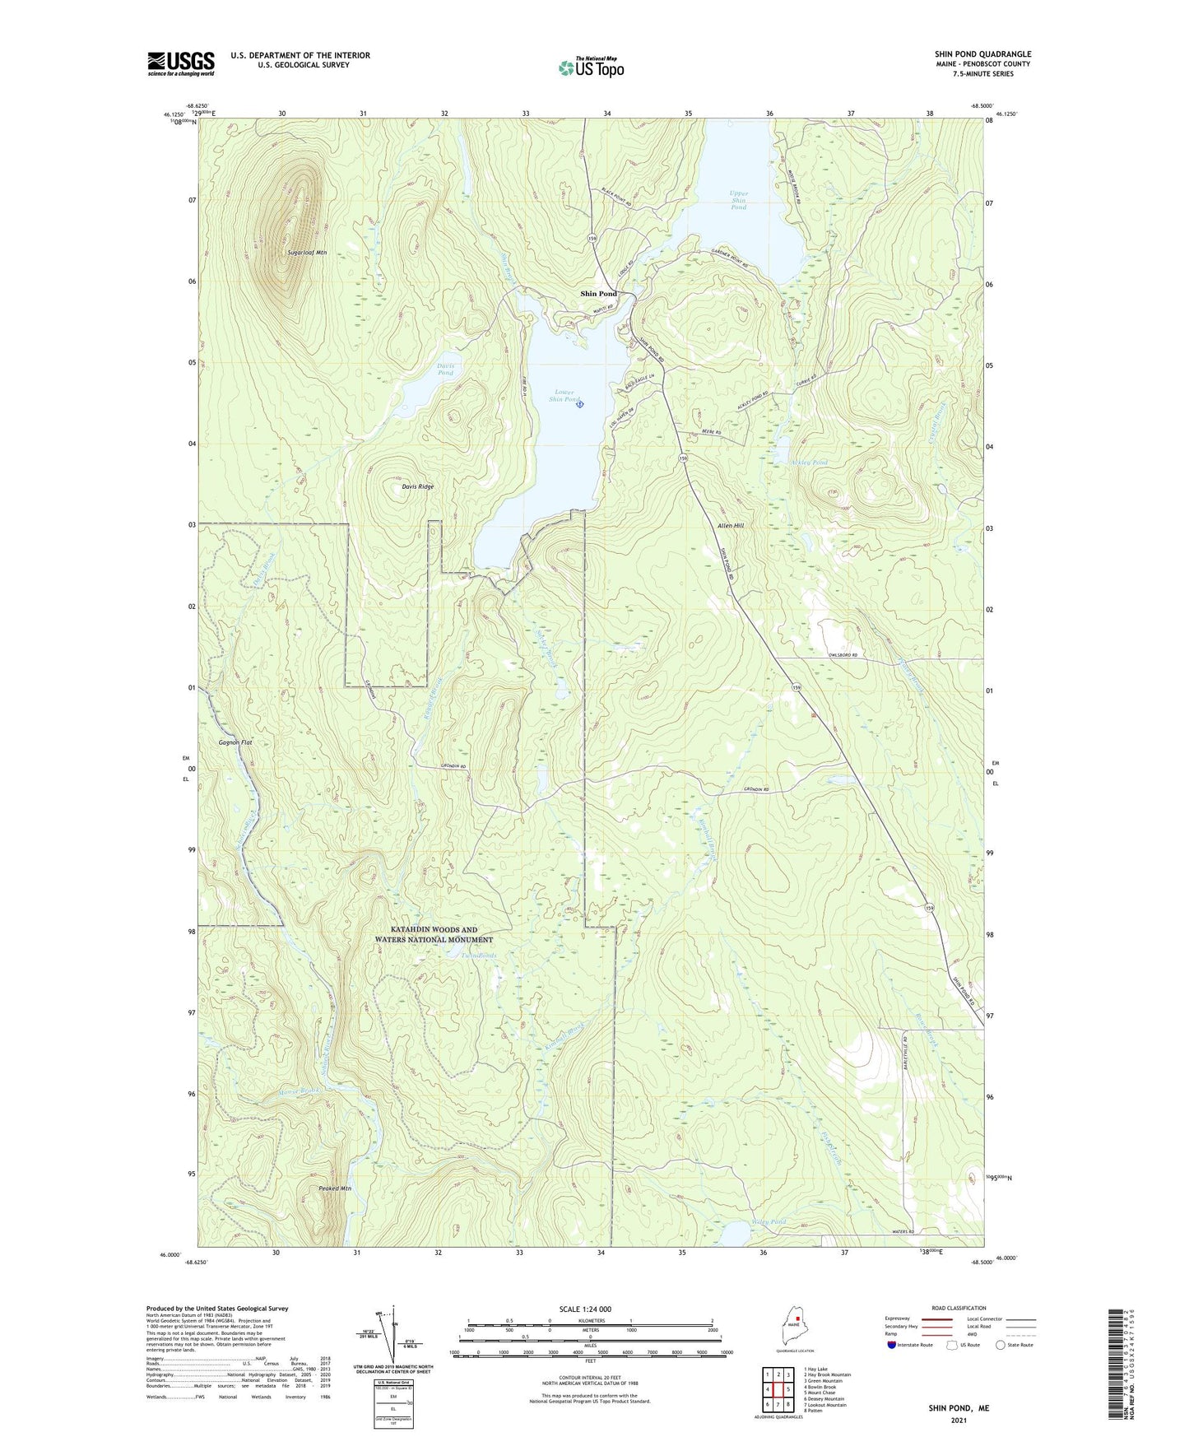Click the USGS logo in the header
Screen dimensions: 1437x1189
(181, 63)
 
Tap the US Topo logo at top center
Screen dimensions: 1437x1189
(591, 67)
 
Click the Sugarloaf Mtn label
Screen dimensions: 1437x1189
(307, 253)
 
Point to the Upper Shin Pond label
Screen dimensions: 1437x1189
(738, 200)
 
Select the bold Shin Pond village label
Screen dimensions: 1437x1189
(598, 294)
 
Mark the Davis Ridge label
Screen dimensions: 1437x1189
(417, 486)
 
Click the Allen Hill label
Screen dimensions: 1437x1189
(730, 525)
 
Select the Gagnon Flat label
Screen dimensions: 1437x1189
(235, 742)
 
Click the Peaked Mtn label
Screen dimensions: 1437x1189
(335, 1188)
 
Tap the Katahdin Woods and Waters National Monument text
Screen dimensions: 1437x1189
(434, 934)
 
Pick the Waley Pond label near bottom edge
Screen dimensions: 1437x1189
(769, 1221)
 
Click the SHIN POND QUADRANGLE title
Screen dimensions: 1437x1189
(982, 54)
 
